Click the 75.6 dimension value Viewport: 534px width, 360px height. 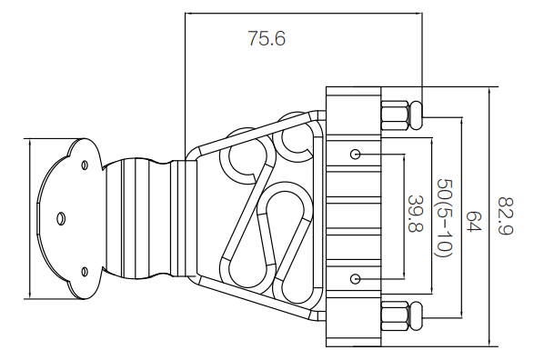click(x=267, y=38)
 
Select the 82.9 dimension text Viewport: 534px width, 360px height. click(x=505, y=215)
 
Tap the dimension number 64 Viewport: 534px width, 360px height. click(x=474, y=221)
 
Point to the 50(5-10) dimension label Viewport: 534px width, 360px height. click(x=445, y=218)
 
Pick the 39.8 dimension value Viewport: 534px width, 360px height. click(x=416, y=214)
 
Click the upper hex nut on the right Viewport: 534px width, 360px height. click(x=395, y=115)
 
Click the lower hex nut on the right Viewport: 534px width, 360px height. click(x=395, y=315)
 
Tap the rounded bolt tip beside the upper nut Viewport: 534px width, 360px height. click(x=416, y=115)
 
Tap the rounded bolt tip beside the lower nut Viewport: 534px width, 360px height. click(x=416, y=315)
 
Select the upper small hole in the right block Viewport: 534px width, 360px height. click(x=355, y=155)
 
